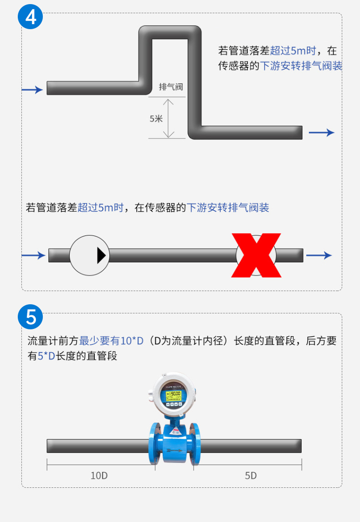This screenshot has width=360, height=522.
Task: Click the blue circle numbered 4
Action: click(31, 16)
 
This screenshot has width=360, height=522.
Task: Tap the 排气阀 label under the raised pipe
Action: click(171, 87)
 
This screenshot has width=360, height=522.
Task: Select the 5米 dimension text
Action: click(156, 118)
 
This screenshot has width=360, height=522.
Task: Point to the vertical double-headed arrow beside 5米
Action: click(169, 118)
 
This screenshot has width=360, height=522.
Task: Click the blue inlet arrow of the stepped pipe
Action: click(32, 90)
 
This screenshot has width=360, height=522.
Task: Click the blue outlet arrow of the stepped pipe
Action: click(321, 133)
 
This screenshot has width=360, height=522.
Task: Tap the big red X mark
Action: click(256, 256)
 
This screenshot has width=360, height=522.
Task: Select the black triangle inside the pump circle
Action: click(101, 256)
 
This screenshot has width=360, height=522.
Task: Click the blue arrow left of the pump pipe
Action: click(33, 256)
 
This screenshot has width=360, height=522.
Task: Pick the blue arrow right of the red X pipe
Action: click(319, 256)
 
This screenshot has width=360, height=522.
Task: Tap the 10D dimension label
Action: click(99, 476)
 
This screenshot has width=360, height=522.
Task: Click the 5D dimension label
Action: click(251, 476)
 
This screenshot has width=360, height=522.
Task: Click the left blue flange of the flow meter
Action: click(154, 443)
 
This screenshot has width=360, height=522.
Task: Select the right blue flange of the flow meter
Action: click(195, 444)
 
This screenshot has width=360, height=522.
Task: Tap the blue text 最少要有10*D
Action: click(111, 341)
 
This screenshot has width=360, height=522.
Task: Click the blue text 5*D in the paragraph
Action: click(46, 356)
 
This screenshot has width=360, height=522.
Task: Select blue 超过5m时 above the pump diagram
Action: click(101, 207)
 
